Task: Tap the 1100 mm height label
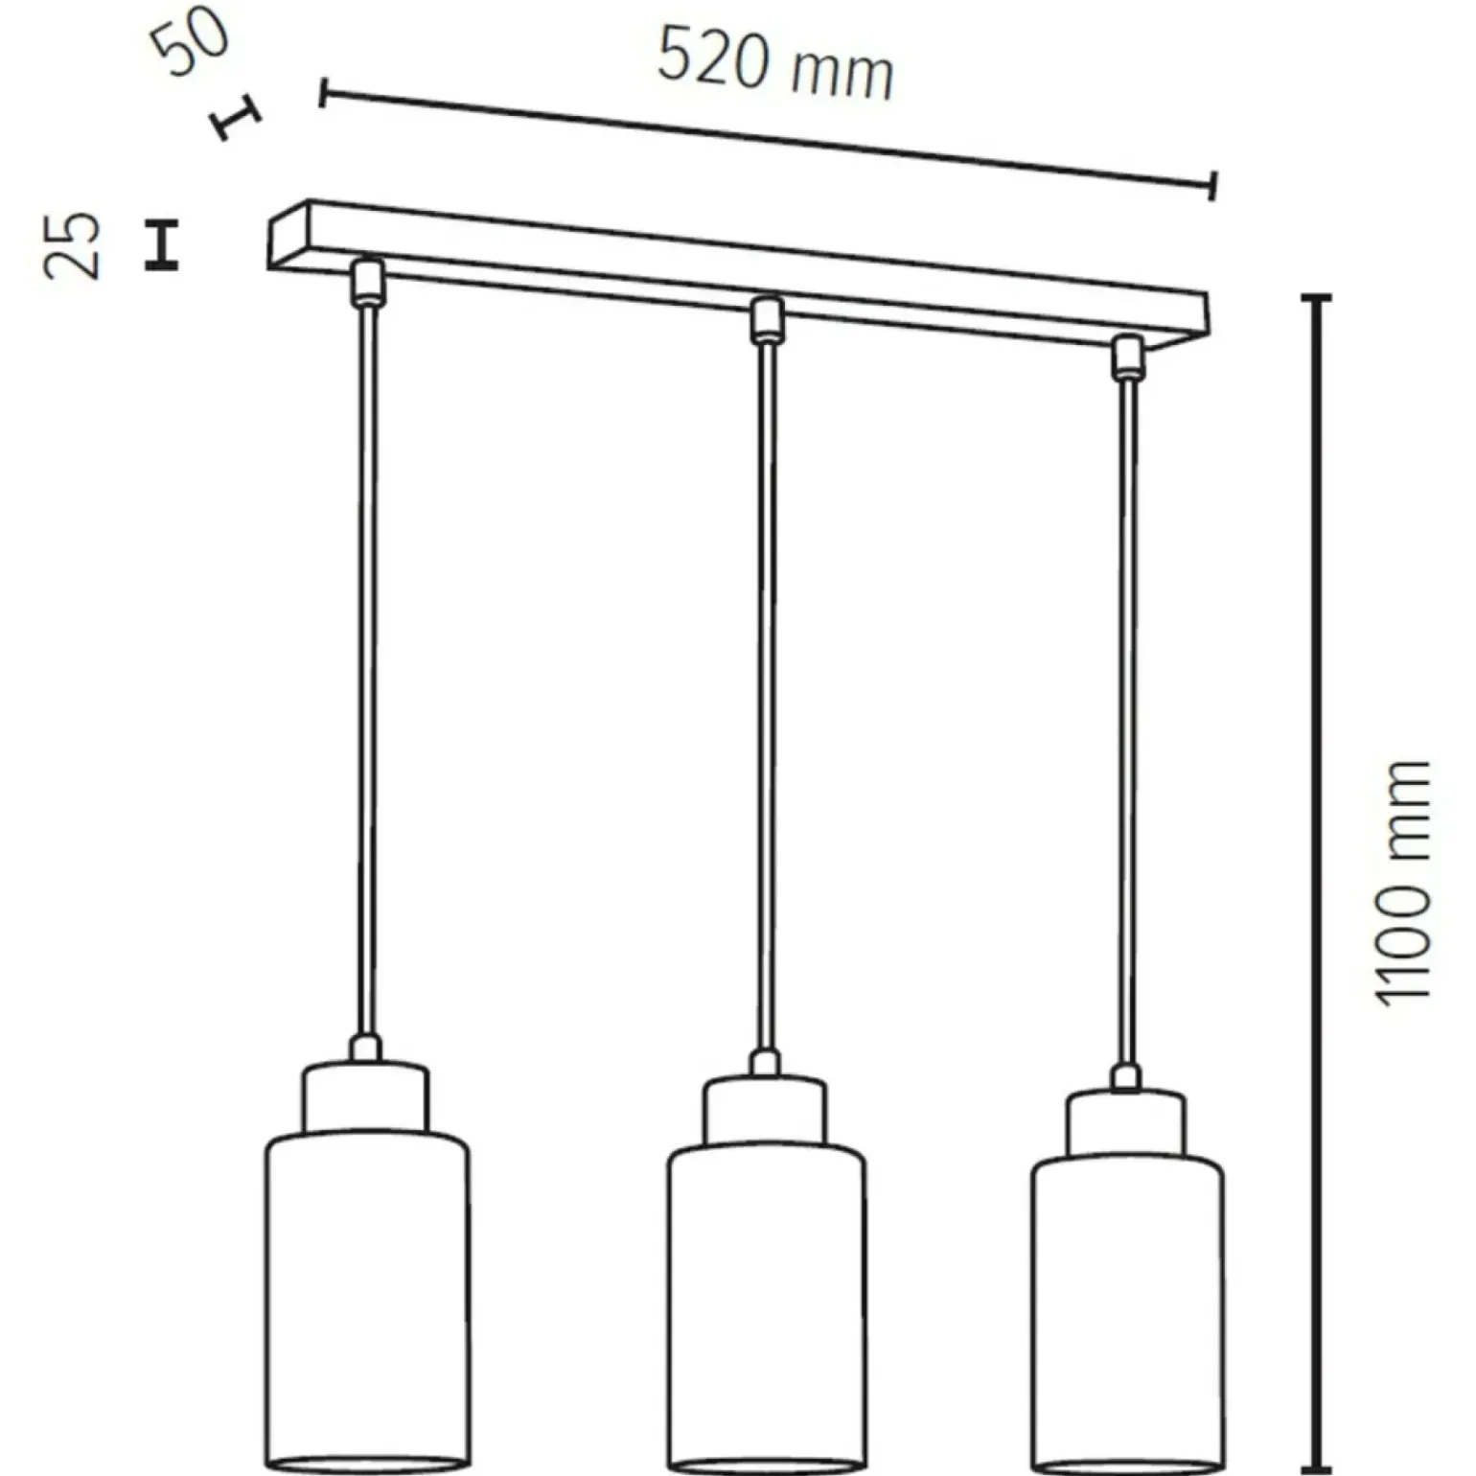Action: click(1402, 883)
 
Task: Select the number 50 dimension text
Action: click(192, 42)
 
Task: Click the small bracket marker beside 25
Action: click(162, 244)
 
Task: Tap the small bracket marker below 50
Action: click(236, 118)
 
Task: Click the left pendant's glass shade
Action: click(366, 1303)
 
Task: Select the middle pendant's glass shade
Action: click(766, 1312)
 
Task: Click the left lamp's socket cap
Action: click(366, 1097)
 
